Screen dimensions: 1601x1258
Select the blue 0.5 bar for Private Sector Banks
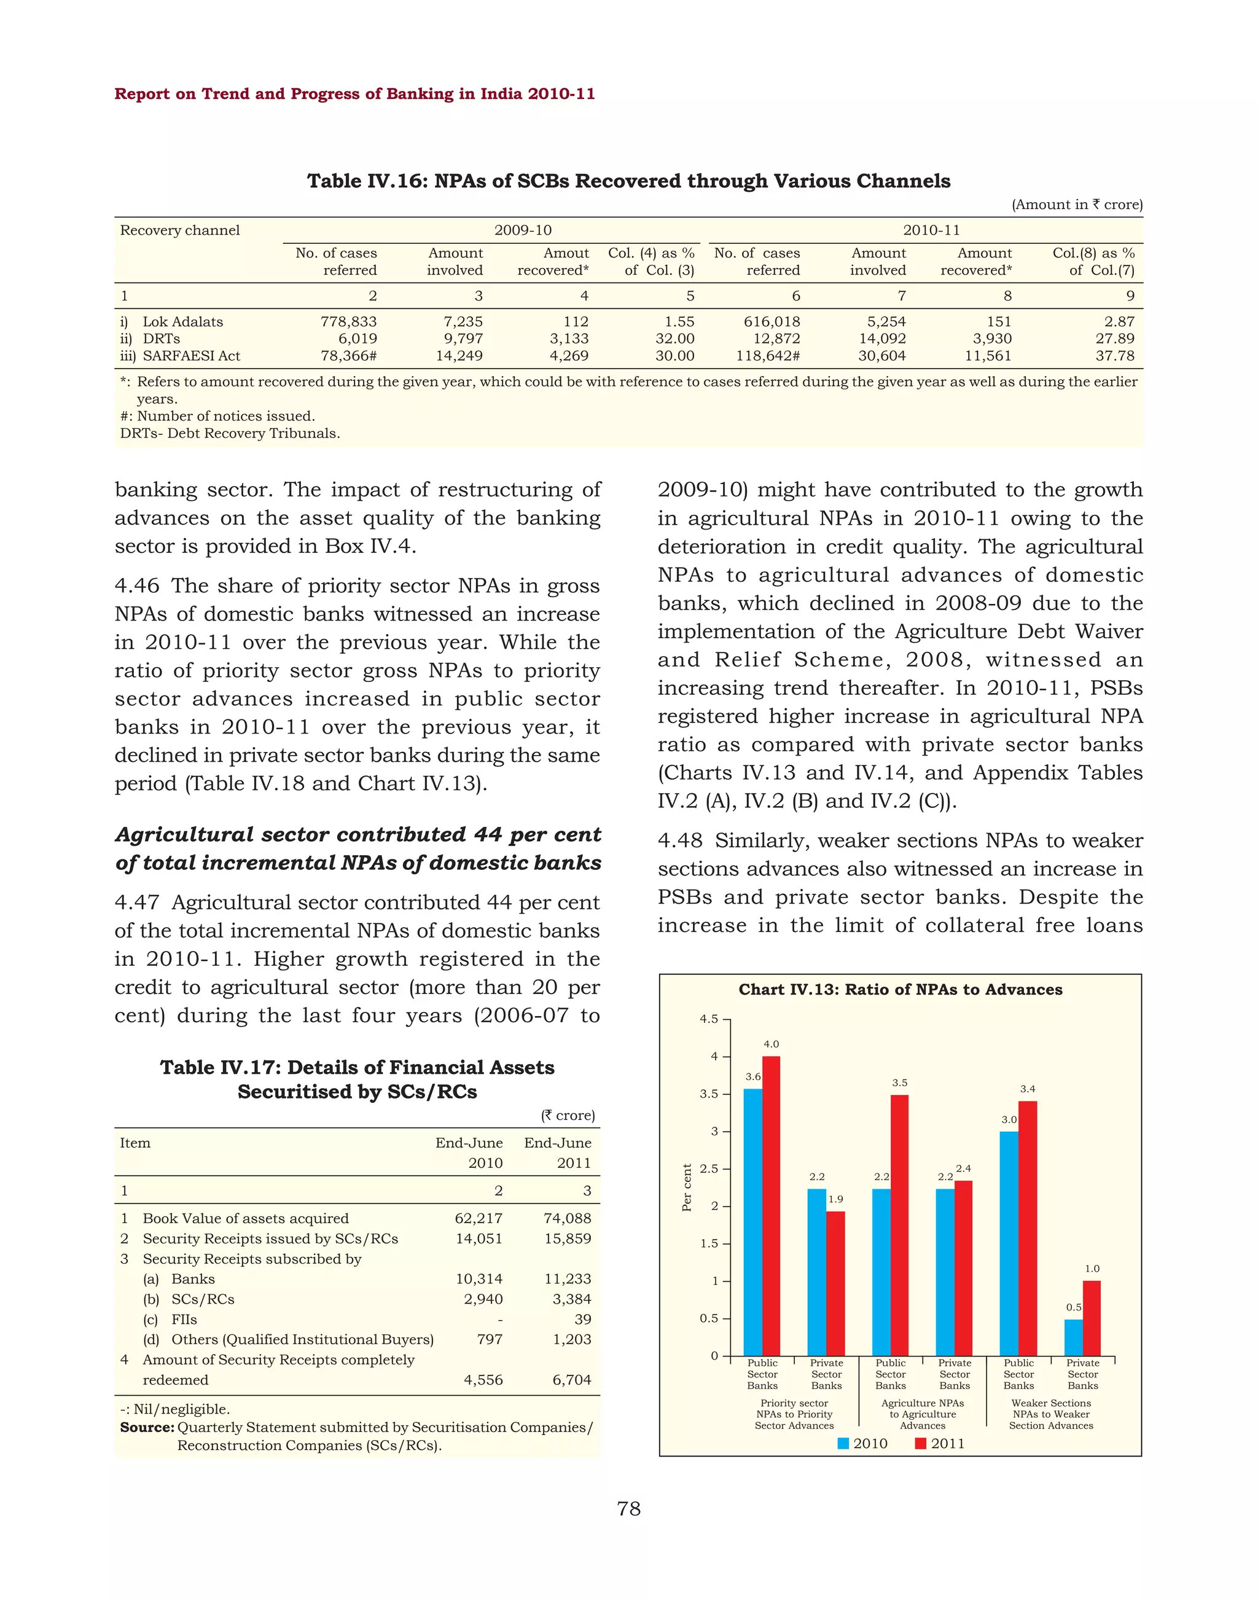[x=1073, y=1337]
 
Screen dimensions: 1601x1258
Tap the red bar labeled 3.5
[x=899, y=1227]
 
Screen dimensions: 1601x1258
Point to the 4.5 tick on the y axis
[x=708, y=1020]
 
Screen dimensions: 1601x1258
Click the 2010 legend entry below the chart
[x=862, y=1443]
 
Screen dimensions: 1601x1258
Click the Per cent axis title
[x=687, y=1188]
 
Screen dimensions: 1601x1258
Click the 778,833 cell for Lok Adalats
[x=348, y=322]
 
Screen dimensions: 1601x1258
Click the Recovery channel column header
[x=181, y=230]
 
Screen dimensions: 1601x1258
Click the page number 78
[x=629, y=1509]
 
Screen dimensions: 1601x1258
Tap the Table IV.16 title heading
[x=628, y=181]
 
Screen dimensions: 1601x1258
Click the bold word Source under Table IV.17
[x=147, y=1427]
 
